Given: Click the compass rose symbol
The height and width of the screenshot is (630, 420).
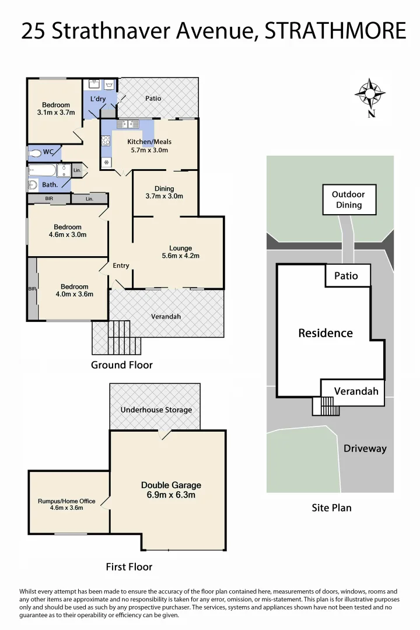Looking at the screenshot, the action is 370,93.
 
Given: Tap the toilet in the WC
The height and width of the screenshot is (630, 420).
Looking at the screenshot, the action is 36,153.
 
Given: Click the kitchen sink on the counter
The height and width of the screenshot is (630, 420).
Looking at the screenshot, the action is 127,124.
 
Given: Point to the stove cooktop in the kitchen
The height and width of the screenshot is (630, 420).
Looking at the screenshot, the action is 106,140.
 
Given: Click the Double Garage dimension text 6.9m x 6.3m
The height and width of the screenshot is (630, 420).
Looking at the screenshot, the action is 171,495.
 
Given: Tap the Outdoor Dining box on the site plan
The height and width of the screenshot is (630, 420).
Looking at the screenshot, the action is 348,199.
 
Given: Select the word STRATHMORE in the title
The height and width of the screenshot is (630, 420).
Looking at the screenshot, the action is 335,30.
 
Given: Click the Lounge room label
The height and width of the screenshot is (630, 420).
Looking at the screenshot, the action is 180,248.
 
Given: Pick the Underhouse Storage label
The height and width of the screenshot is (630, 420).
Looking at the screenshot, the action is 156,409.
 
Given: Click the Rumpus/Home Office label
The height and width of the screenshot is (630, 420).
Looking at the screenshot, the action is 66,501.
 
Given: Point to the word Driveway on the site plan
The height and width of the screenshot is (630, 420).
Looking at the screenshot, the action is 365,449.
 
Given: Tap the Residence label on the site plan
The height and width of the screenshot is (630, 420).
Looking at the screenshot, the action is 325,333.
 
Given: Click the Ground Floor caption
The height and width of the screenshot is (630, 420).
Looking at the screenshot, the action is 121,365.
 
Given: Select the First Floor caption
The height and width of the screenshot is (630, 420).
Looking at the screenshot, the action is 129,566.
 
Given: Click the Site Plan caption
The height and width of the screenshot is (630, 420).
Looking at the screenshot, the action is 331,508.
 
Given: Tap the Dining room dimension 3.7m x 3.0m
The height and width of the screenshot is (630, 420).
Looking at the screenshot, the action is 164,197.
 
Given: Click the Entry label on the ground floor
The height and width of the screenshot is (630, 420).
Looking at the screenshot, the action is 121,266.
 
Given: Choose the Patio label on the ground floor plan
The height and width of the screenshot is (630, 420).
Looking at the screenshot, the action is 153,99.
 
